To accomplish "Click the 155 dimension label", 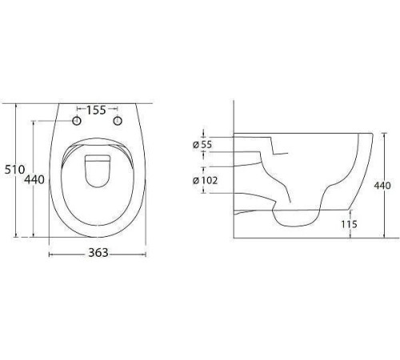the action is (96, 110).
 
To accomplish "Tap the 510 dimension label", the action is (15, 170).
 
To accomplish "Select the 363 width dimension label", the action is (98, 253).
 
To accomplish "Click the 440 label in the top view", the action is (34, 179).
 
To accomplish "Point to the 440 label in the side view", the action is (382, 186).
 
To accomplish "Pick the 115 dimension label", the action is (349, 224).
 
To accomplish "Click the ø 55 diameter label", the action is (202, 145).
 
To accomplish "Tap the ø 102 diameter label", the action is (205, 181).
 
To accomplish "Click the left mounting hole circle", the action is (77, 121).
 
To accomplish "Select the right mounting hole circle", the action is (118, 121).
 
